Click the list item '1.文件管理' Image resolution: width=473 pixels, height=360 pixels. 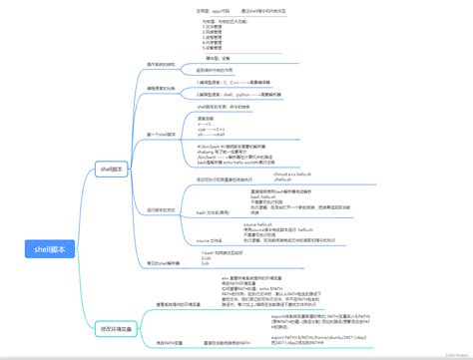[x=217, y=27]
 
